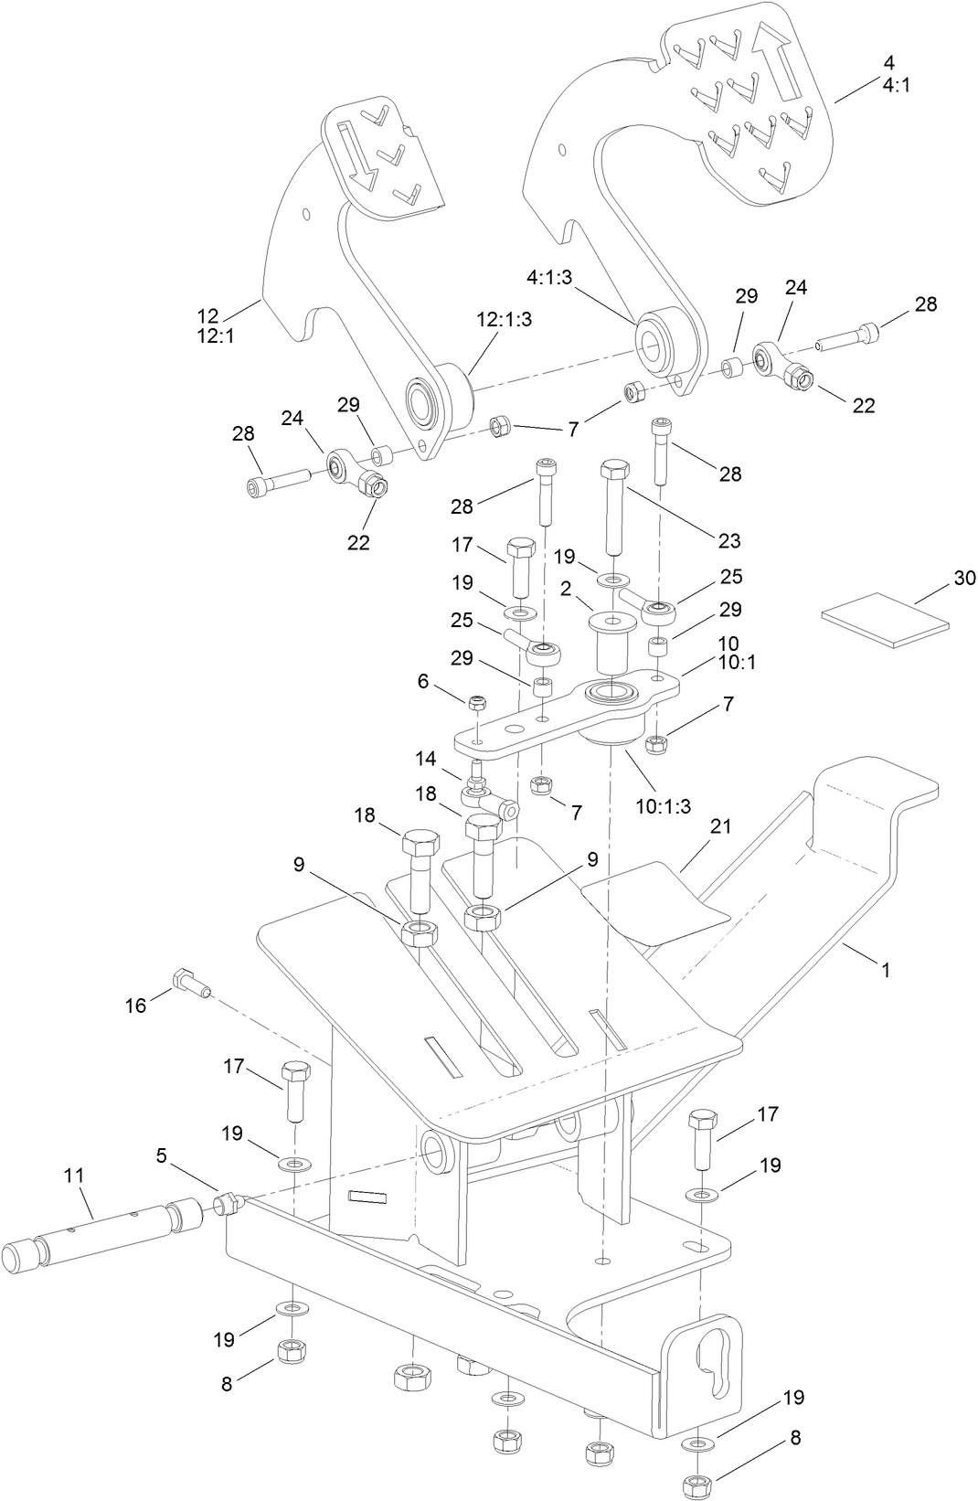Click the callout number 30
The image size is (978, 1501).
pos(964,578)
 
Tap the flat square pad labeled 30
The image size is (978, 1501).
pos(885,620)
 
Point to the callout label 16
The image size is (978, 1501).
pos(135,1006)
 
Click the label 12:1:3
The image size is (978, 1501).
pos(504,319)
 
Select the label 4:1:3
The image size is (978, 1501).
pos(548,276)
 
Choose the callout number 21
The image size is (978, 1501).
pos(721,825)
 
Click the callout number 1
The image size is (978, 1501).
pos(885,969)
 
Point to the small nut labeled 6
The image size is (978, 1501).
pos(476,703)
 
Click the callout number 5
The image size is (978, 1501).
pos(161,1156)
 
